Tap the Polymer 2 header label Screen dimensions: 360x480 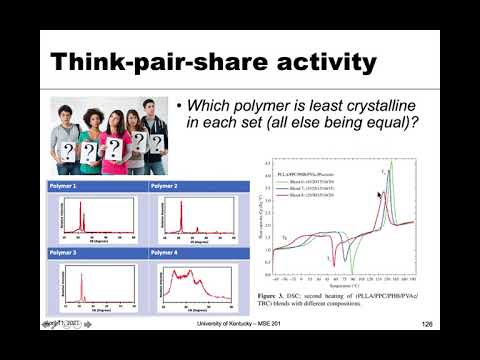[x=166, y=187]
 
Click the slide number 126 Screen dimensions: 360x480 [x=427, y=324]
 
